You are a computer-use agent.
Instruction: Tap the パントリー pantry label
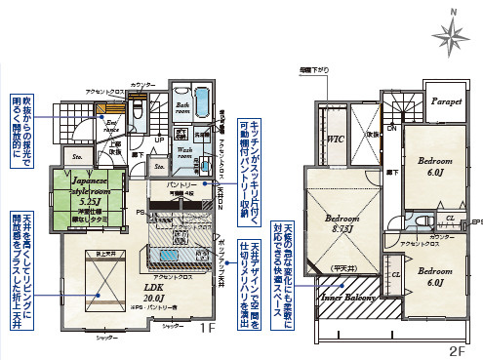pyautogui.click(x=181, y=183)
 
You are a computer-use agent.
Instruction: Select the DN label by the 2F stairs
pyautogui.click(x=391, y=128)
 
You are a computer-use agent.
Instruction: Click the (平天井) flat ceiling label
pyautogui.click(x=342, y=266)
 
